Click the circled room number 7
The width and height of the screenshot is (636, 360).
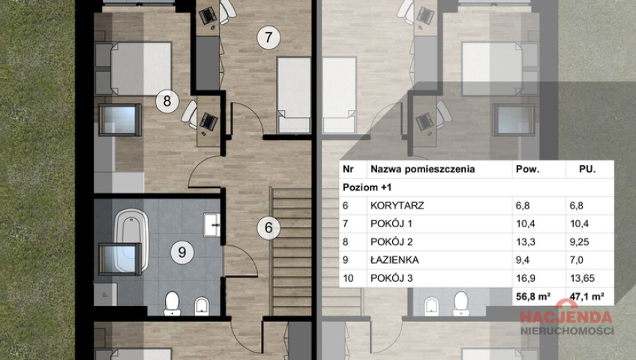[x=268, y=37]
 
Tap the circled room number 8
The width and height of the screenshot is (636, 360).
[x=167, y=101]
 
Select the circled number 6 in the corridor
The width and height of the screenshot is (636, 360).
[x=268, y=227]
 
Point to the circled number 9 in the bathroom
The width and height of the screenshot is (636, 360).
[x=182, y=252]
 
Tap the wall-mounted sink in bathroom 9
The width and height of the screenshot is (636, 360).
[x=211, y=224]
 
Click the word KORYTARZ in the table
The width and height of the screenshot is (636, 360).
[x=397, y=205]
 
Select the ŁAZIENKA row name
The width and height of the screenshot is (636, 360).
[x=394, y=259]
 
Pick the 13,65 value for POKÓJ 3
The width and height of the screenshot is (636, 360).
[x=582, y=278]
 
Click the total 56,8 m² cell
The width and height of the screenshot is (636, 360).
[x=533, y=296]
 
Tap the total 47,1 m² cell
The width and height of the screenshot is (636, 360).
[x=586, y=296]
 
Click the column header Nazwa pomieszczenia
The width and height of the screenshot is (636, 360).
[x=423, y=169]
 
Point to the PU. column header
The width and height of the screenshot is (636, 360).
[x=587, y=169]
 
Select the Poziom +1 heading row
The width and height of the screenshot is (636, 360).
[x=367, y=187]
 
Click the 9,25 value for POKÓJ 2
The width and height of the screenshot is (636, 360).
[x=579, y=242]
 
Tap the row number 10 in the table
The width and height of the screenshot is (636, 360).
[x=348, y=278]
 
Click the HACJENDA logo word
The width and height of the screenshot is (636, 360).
[x=566, y=317]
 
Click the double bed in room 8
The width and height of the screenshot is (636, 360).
[x=133, y=68]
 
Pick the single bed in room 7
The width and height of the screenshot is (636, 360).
[x=294, y=95]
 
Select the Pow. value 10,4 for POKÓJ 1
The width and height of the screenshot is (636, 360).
[x=525, y=223]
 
